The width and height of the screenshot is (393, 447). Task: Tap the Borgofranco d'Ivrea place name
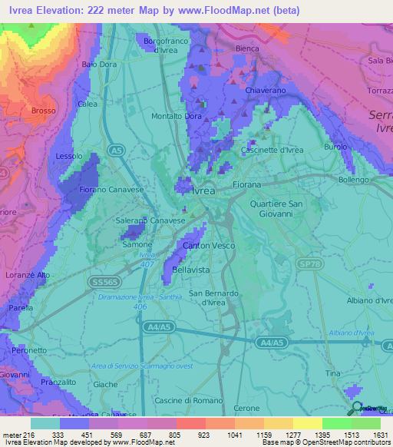coord(166,43)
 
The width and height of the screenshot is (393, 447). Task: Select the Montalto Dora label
coord(175,116)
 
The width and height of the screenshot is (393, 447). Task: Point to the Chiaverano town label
coord(265,91)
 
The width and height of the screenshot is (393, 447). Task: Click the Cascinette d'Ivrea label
coord(272,150)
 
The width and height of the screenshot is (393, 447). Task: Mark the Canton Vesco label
coord(208,246)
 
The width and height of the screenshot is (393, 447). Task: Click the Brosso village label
coord(44,111)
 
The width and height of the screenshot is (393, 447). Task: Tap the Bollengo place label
coord(354,180)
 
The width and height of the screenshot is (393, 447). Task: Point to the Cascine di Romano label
coord(188,400)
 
